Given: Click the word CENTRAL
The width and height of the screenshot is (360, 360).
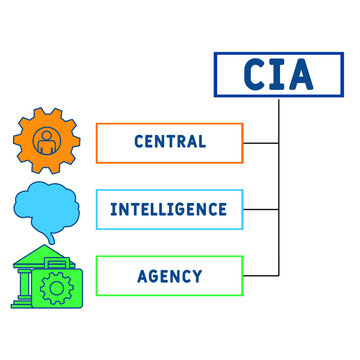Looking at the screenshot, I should click(169, 142).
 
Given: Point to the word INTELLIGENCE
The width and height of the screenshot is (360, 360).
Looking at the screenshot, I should click(169, 209).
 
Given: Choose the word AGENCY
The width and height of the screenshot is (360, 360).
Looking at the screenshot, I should click(169, 275).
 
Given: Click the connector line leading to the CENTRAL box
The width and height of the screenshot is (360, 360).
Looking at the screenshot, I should click(261, 142).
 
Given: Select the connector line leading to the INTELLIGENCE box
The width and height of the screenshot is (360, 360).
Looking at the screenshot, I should click(261, 209).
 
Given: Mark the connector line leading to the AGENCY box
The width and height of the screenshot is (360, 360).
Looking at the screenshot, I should click(261, 275).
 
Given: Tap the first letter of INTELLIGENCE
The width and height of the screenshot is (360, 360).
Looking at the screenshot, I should click(113, 209).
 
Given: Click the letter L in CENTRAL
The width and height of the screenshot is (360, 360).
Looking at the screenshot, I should click(202, 142).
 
